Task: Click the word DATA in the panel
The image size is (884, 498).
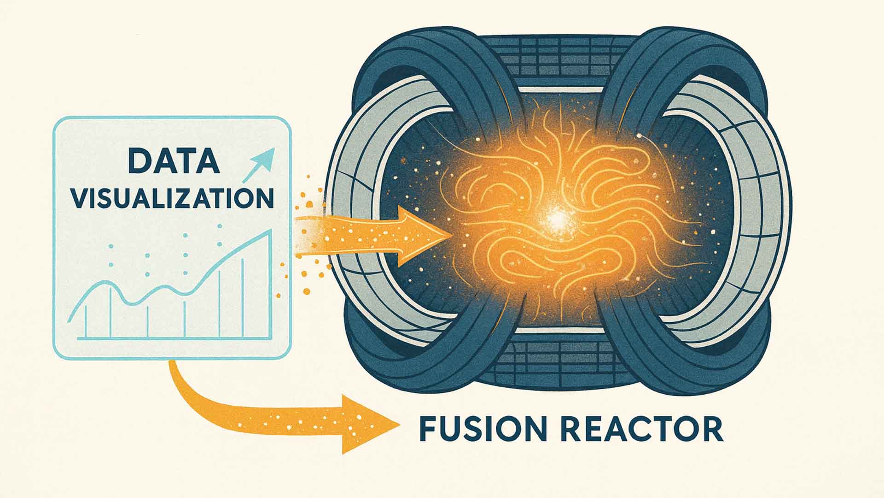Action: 173,161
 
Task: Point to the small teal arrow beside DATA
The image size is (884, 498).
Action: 260,164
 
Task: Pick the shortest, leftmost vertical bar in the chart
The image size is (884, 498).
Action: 86,320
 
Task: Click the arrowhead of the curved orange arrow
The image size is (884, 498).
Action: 368,424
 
